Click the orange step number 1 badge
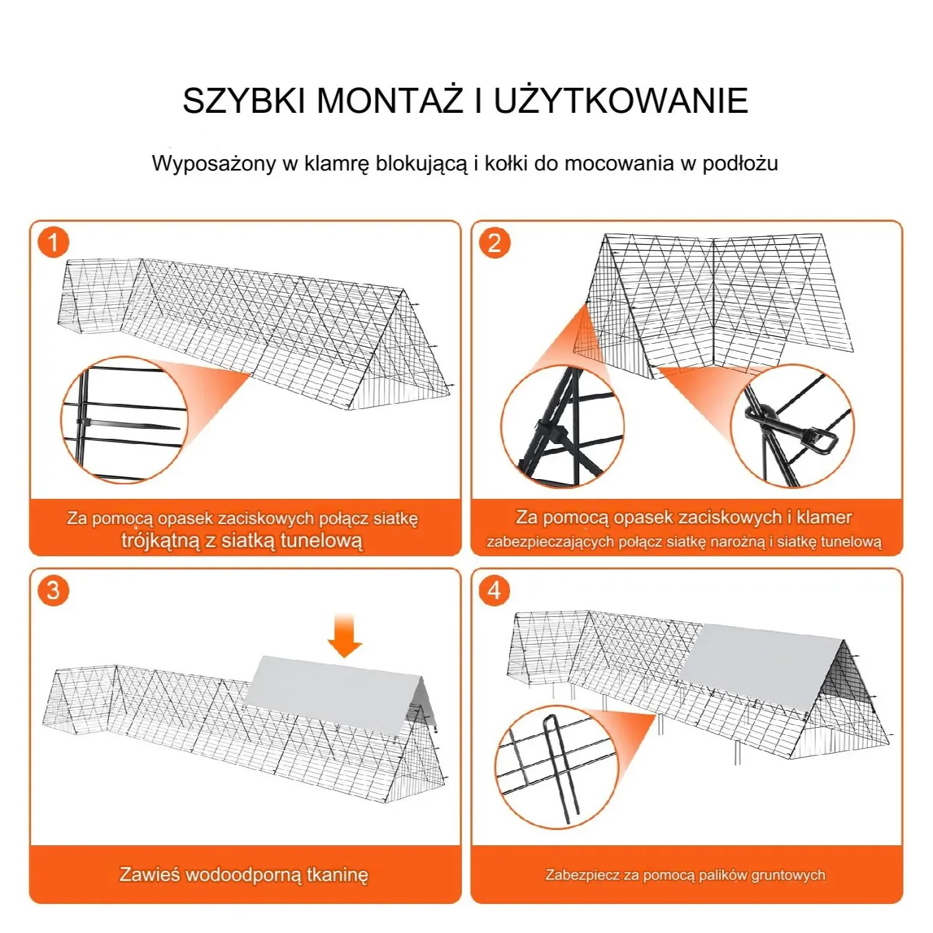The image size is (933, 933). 53,242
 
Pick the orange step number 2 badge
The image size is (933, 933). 495,242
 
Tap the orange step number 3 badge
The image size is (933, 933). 53,589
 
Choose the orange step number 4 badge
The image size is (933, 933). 495,589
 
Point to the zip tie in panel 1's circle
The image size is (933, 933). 125,424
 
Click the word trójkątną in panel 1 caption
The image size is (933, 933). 160,541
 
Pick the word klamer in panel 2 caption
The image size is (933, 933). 823,517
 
